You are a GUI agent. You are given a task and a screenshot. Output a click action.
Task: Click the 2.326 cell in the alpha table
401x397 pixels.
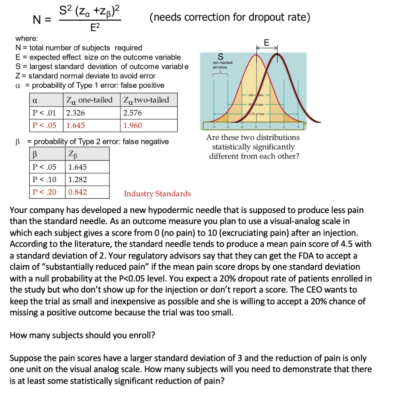click(x=76, y=113)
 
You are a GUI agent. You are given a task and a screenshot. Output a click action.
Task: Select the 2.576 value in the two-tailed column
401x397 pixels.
click(x=132, y=113)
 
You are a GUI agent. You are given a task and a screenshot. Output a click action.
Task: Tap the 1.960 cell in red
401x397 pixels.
click(x=132, y=126)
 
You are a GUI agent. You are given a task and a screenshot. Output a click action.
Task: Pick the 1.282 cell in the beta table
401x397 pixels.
click(x=78, y=180)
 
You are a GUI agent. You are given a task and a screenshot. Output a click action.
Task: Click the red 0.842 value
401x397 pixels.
click(x=78, y=192)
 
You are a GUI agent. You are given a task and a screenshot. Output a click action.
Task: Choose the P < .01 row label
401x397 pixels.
click(x=44, y=113)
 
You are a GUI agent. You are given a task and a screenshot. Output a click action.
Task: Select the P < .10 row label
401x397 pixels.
click(x=44, y=180)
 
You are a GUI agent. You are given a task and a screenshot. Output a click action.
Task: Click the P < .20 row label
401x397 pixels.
click(x=44, y=192)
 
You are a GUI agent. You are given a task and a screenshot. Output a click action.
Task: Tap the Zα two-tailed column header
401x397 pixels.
click(x=146, y=100)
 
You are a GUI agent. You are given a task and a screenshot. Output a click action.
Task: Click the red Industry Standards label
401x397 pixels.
click(x=157, y=194)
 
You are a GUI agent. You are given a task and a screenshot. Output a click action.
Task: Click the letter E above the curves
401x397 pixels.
click(x=267, y=42)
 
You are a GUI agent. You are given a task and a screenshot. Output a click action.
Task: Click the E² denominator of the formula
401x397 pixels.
click(x=90, y=27)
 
